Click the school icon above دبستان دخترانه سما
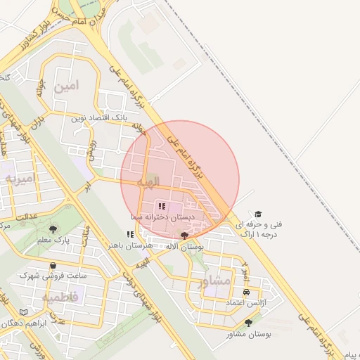point(161,206)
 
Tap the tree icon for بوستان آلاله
point(185,236)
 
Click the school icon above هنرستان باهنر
point(129,234)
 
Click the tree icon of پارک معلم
point(54,229)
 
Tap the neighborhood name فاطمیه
point(60,297)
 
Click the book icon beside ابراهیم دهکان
point(24,311)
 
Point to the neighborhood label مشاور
point(214,281)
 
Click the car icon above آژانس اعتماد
point(245,292)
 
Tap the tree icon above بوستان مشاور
point(248,323)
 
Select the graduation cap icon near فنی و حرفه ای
point(259,213)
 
